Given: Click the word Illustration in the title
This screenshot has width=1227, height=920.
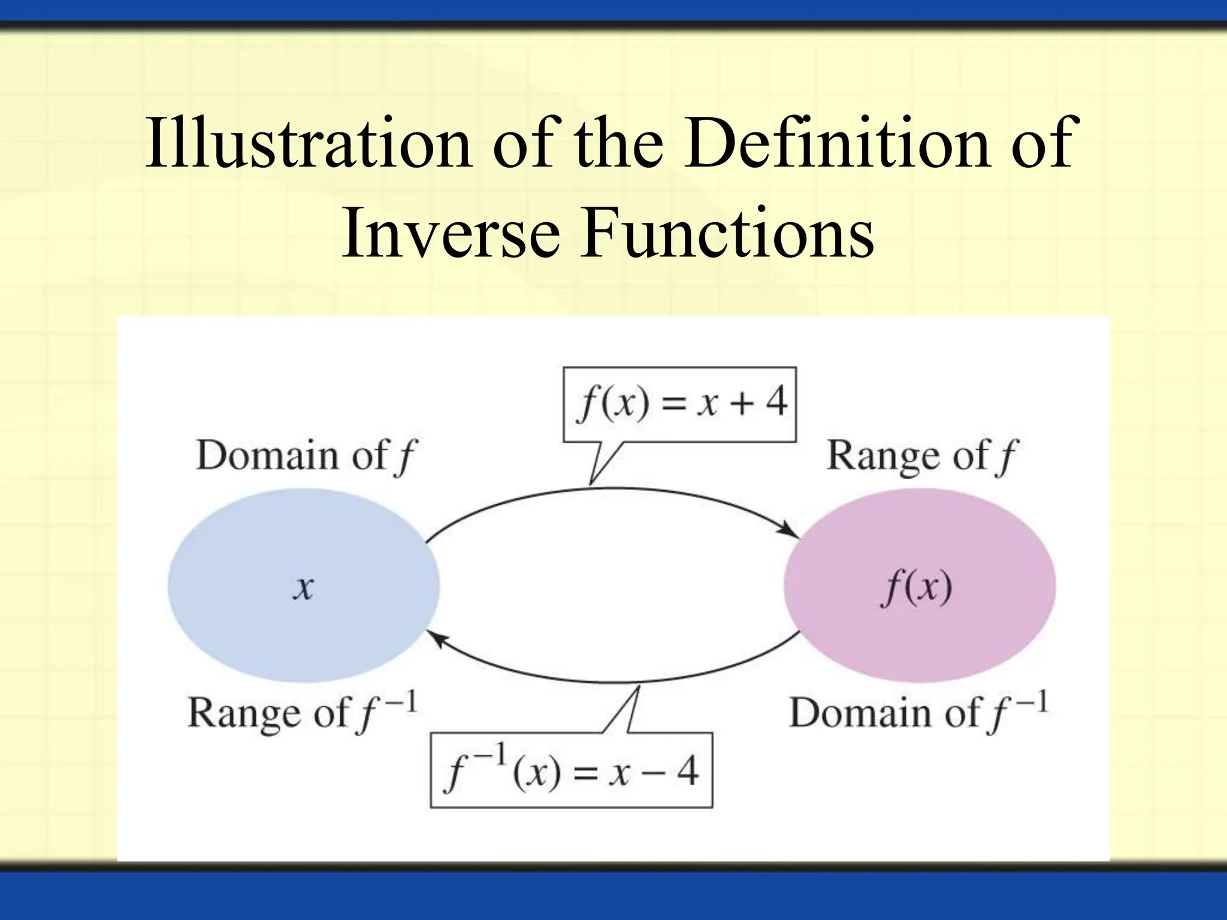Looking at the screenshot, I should pos(308,143).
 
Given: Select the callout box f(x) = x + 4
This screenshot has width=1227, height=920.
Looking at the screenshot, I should pos(679,405).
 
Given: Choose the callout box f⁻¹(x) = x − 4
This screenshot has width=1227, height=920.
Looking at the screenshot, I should pos(571,770).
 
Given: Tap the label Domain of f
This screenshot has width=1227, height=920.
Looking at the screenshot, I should pos(306,456).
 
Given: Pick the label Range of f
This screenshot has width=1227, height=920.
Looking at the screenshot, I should pos(921,456).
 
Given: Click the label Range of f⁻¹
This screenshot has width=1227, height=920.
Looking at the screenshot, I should pos(302,713).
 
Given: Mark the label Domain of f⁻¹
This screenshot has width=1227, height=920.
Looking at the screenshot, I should pos(918,713).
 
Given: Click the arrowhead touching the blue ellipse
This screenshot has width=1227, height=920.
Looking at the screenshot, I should pos(435,638).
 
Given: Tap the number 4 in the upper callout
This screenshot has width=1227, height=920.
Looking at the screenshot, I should pos(776,402).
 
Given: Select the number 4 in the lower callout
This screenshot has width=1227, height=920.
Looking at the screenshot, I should pos(688,771).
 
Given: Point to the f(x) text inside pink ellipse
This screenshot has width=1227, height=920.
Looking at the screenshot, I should pos(917,587).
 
